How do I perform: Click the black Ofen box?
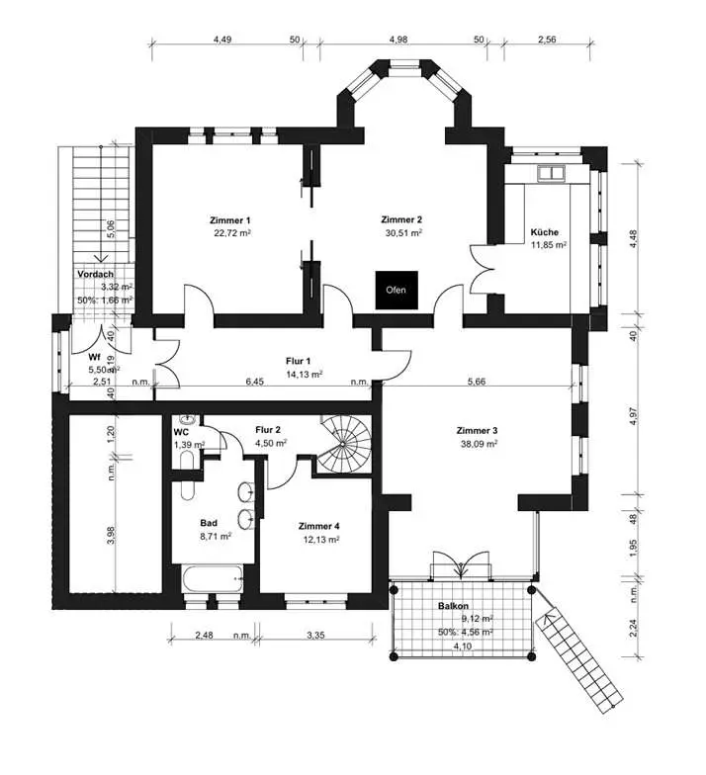click(397, 291)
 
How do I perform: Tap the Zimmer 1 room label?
click(230, 220)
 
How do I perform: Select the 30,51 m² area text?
click(403, 233)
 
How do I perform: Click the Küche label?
click(544, 232)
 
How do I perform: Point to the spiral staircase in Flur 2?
click(344, 445)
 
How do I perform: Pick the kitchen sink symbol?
click(552, 174)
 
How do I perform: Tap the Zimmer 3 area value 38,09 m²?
click(479, 444)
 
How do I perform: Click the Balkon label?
click(453, 606)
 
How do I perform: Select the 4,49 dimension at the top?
click(223, 40)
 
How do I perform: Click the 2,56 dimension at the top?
click(547, 40)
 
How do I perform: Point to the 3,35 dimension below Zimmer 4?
click(315, 635)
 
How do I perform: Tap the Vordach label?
click(95, 275)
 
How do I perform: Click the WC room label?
click(182, 433)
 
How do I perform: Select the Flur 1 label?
click(299, 362)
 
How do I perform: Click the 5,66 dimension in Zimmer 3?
click(477, 382)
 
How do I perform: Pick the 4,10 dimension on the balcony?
click(463, 646)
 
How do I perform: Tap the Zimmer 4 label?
click(318, 527)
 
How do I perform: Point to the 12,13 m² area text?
click(321, 540)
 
